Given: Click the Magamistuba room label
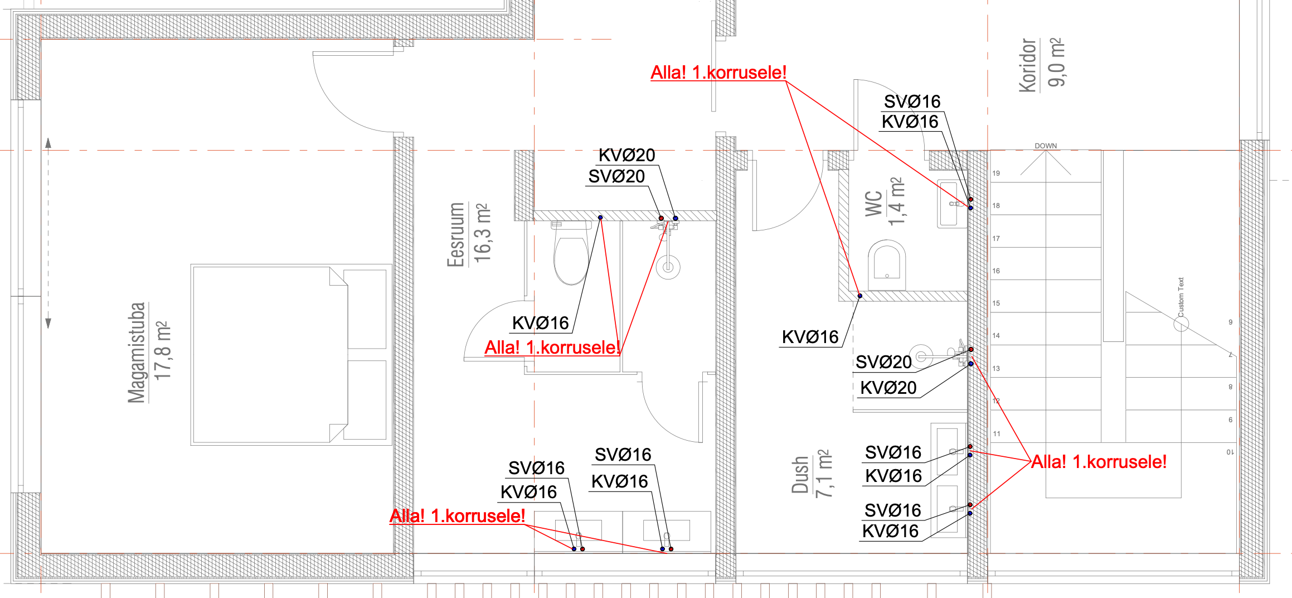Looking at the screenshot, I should pyautogui.click(x=137, y=352).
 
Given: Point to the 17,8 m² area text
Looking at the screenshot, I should pyautogui.click(x=162, y=351).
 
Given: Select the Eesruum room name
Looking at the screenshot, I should pyautogui.click(x=456, y=235).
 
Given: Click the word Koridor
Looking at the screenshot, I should pyautogui.click(x=1027, y=65).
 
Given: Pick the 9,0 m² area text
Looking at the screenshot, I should pyautogui.click(x=1056, y=62).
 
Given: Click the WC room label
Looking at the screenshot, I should pyautogui.click(x=873, y=203).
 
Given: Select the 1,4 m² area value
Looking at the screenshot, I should pyautogui.click(x=896, y=201).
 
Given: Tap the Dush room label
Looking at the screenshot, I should pyautogui.click(x=800, y=475).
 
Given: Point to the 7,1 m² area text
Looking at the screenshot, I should pyautogui.click(x=824, y=474).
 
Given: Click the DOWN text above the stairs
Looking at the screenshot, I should pyautogui.click(x=1046, y=146).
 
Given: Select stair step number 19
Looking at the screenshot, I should pyautogui.click(x=996, y=173).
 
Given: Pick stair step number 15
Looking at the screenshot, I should pyautogui.click(x=996, y=303).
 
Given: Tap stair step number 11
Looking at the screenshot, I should pyautogui.click(x=997, y=434).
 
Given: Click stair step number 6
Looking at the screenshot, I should pyautogui.click(x=1230, y=420).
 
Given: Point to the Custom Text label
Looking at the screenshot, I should pyautogui.click(x=1181, y=297).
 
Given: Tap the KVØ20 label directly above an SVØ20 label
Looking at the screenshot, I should pyautogui.click(x=626, y=155).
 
